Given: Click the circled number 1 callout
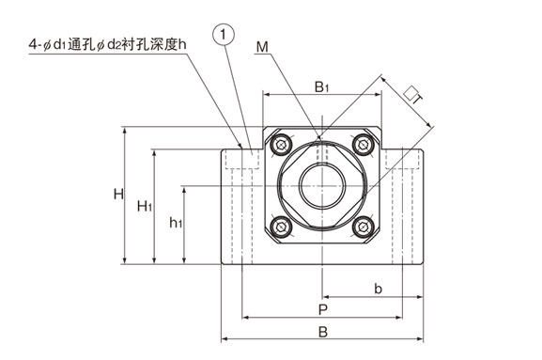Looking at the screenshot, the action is coord(224,35).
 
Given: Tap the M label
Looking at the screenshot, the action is coord(262,47).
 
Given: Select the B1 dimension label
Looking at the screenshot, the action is coord(321,87).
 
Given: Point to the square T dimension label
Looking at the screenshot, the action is coord(413,95).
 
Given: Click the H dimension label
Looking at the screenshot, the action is coord(118,194).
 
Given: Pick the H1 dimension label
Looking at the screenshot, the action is coord(145,206).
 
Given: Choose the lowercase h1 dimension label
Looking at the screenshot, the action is coord(176,223).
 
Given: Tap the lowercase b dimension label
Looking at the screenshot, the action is coord(379,289).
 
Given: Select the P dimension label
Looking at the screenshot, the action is coord(322,309).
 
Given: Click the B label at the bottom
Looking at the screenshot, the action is coord(323,332).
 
